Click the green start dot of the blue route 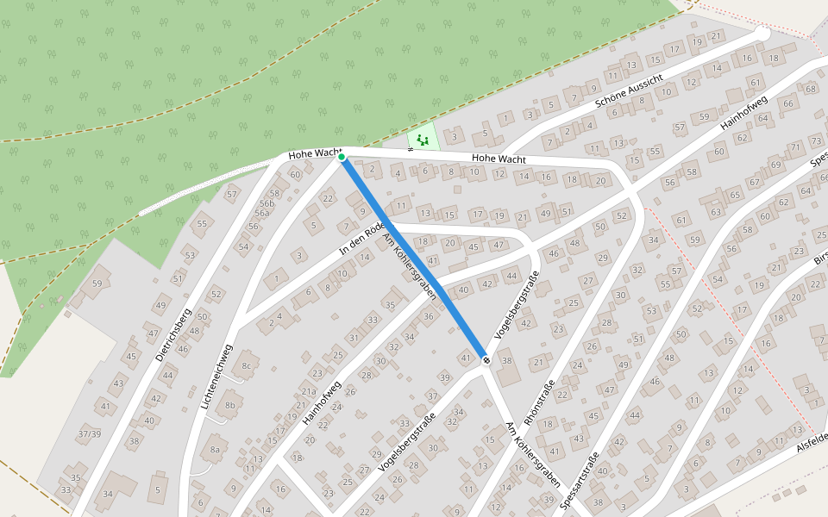click(x=342, y=157)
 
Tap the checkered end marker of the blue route click(x=486, y=360)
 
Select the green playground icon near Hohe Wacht click(x=423, y=139)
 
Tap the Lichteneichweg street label click(x=216, y=377)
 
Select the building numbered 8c click(x=246, y=365)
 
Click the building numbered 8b click(x=229, y=405)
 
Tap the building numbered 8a click(x=215, y=449)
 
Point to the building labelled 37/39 click(x=89, y=433)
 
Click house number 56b click(x=266, y=204)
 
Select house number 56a click(x=261, y=214)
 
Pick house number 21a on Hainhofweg click(x=308, y=391)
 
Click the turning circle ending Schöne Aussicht click(x=762, y=33)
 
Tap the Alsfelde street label click(x=811, y=439)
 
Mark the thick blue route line click(x=414, y=258)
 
